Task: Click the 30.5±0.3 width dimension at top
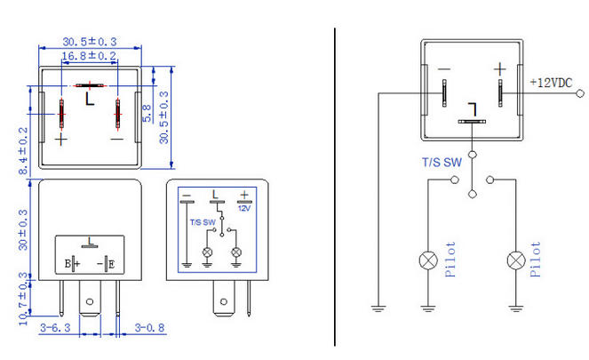pos(90,42)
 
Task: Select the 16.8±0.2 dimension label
pos(89,57)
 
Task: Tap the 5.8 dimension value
pos(148,112)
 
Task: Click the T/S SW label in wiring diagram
pos(442,162)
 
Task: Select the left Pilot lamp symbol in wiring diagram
pos(426,260)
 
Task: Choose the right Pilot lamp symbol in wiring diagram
pos(514,260)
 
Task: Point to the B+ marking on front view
pos(72,263)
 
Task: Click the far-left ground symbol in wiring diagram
pos(378,308)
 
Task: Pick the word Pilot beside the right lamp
pos(535,260)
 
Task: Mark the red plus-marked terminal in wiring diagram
pos(500,92)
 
